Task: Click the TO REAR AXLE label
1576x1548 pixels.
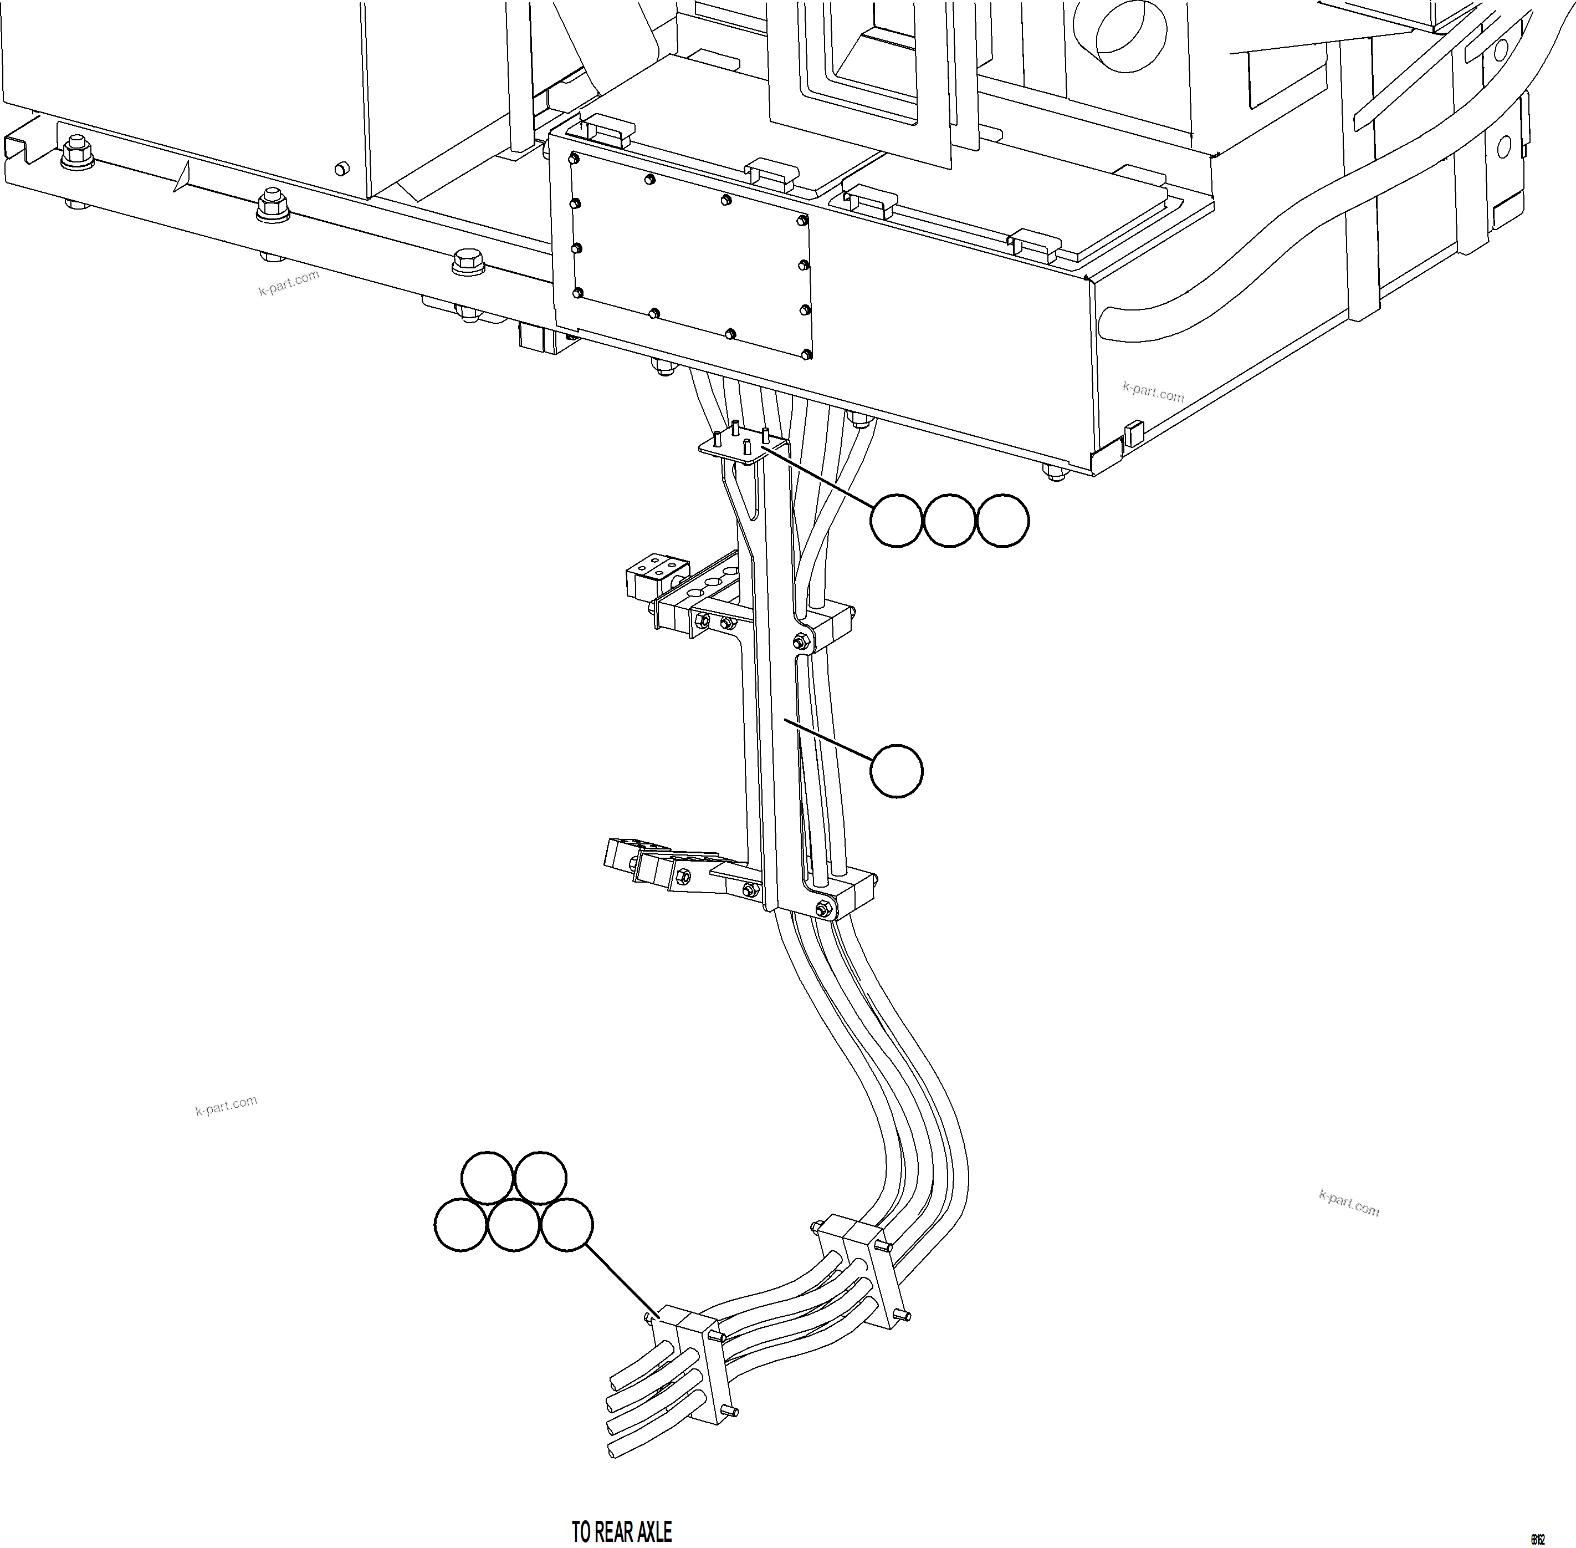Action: [x=622, y=1532]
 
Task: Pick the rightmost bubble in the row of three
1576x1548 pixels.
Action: [x=1002, y=520]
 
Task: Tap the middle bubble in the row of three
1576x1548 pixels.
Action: [x=949, y=520]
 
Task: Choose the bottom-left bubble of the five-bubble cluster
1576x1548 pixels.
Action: [x=461, y=1225]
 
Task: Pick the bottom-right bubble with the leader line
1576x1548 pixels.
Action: [x=566, y=1225]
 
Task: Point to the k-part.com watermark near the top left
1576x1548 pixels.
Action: [x=289, y=282]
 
